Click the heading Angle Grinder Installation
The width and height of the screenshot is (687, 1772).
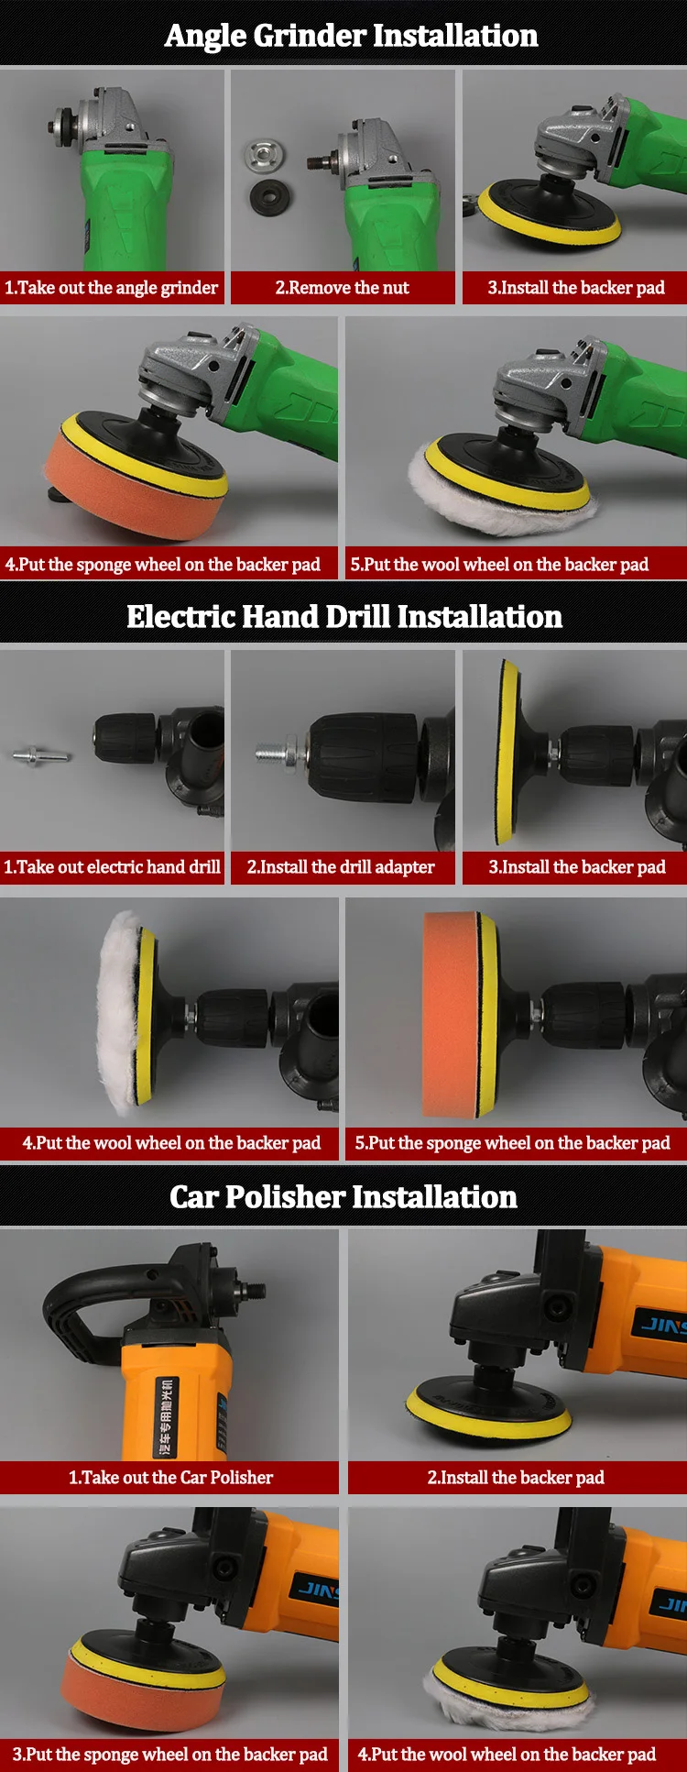tap(351, 35)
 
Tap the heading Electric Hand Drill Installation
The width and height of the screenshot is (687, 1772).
tap(344, 616)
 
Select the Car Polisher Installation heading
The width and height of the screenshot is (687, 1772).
tap(343, 1196)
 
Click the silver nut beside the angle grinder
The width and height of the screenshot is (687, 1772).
tap(263, 155)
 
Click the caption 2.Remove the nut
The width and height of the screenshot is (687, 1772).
tap(343, 288)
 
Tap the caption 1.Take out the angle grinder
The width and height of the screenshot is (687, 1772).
tap(111, 288)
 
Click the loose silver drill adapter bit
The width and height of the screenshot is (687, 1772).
tap(41, 756)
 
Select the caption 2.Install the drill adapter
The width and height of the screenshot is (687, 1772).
tap(341, 867)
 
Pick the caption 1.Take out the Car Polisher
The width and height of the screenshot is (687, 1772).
tap(171, 1477)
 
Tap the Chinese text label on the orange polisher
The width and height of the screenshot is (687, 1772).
tap(166, 1416)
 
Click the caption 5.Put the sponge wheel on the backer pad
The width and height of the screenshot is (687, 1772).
tap(513, 1143)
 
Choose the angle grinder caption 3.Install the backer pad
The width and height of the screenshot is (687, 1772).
tap(576, 288)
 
